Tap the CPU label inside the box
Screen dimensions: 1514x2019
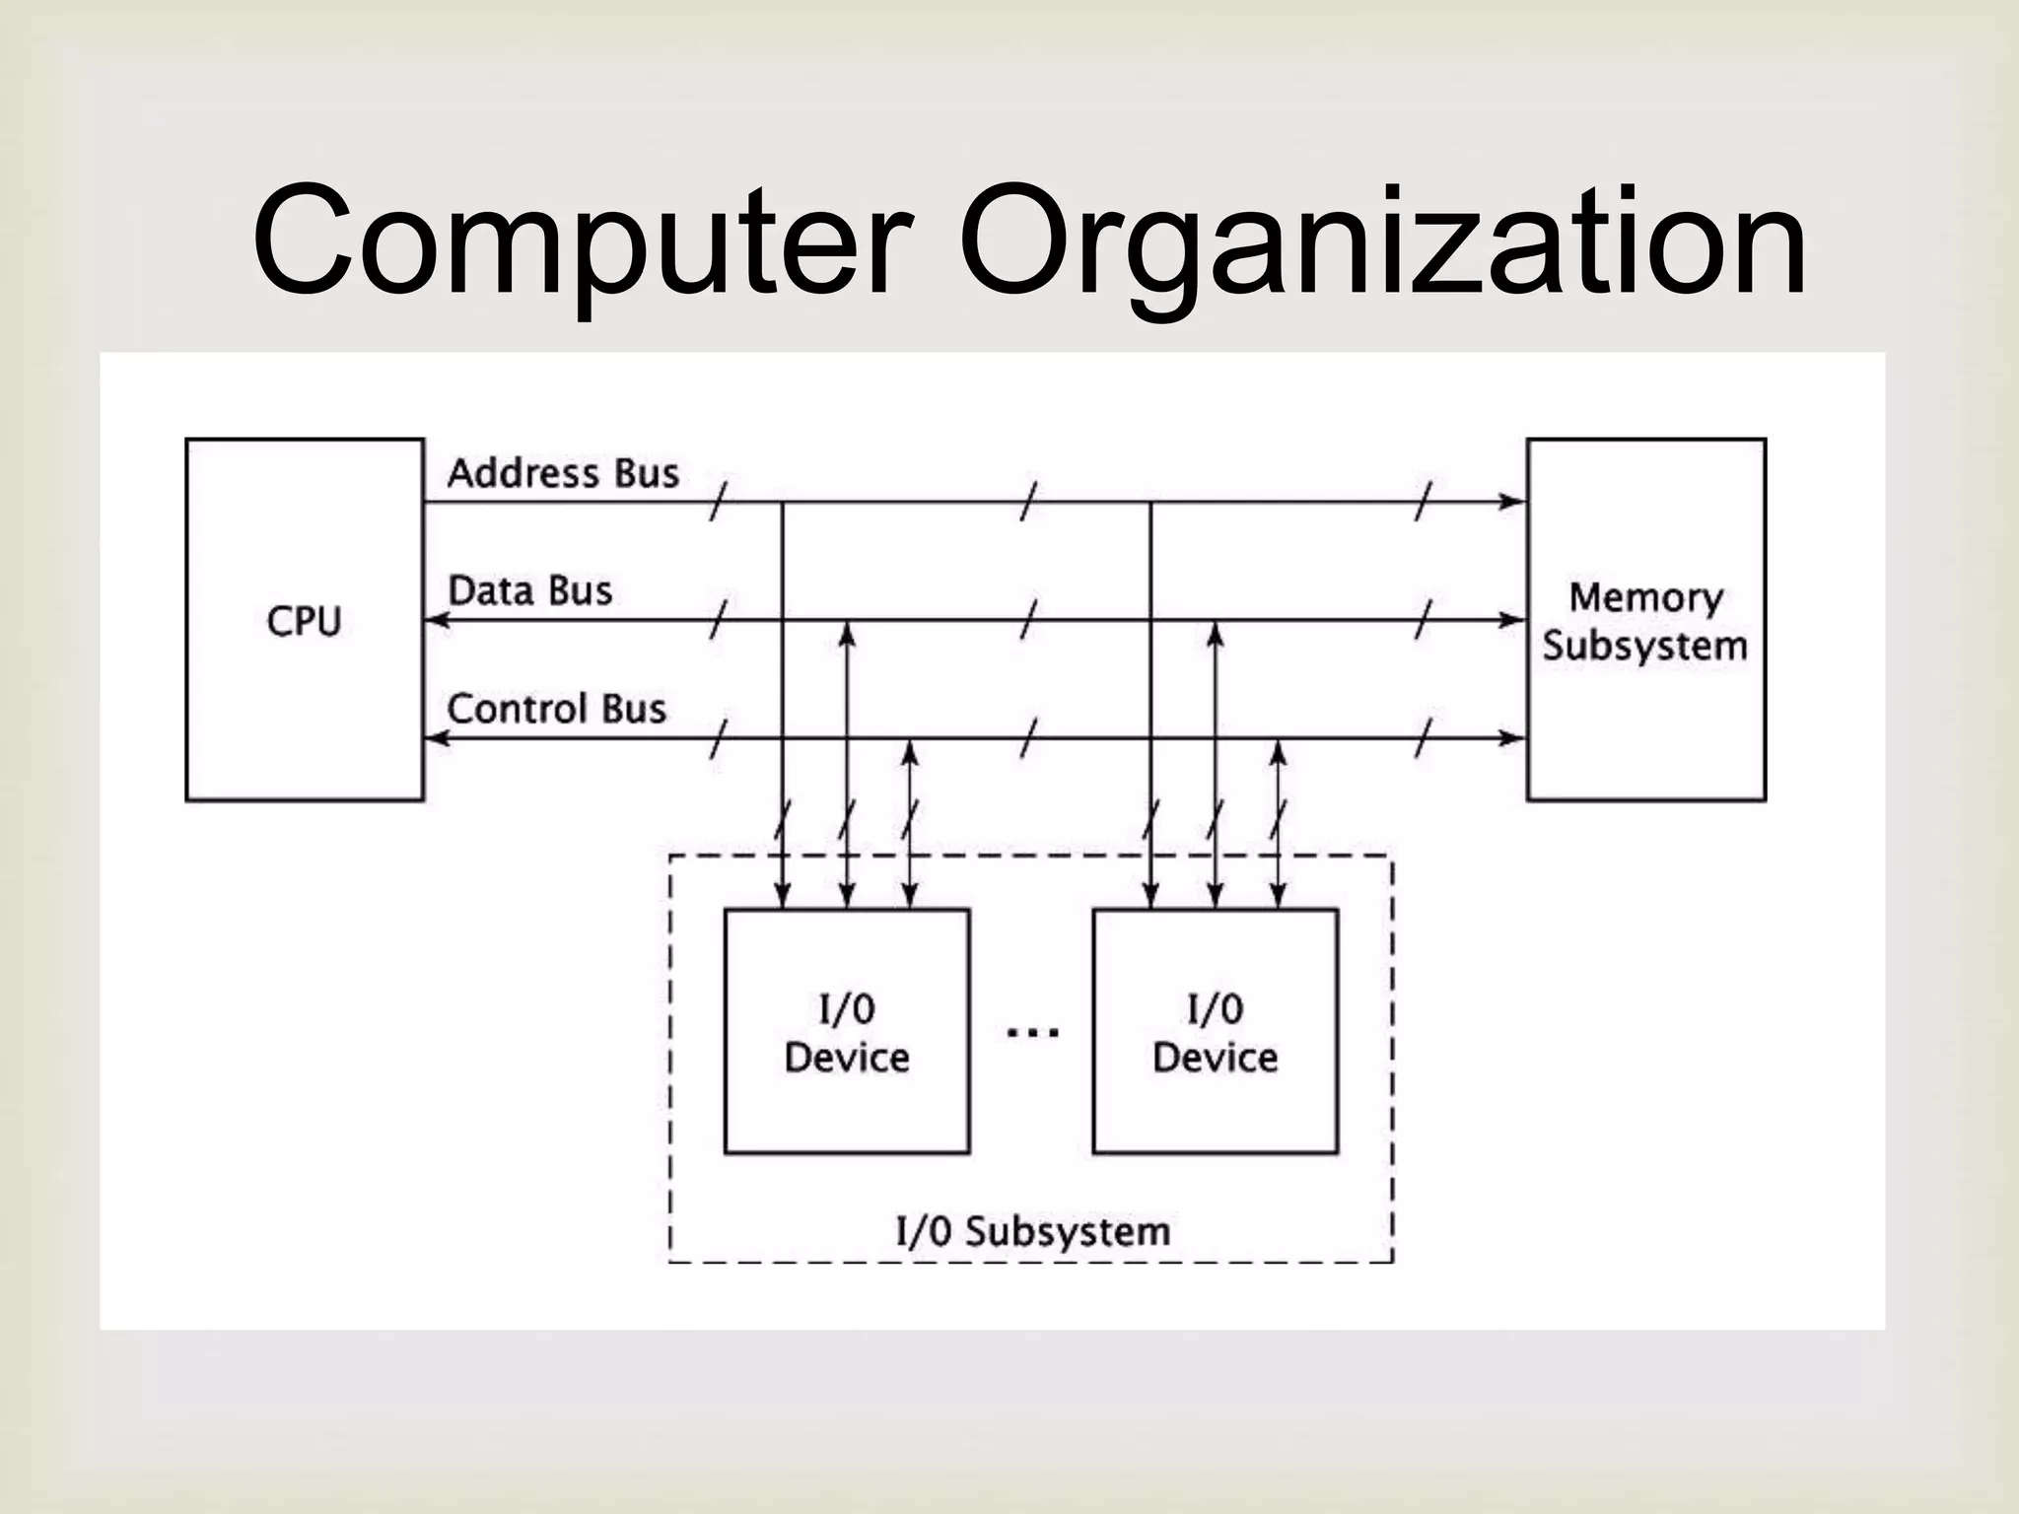point(304,621)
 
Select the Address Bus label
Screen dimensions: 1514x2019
point(563,474)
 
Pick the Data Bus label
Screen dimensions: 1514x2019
point(530,591)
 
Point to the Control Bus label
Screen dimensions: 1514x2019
point(556,709)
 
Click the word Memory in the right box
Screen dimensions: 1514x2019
point(1645,597)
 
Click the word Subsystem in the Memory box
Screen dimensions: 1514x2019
point(1644,647)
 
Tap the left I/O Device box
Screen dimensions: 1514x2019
point(847,1031)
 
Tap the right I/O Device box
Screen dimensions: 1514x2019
point(1215,1031)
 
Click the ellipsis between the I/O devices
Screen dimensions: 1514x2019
point(1031,1033)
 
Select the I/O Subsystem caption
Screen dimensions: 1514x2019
point(1032,1231)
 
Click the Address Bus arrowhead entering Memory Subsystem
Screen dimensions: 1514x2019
point(1512,502)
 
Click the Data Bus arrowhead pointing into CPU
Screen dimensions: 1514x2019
point(437,620)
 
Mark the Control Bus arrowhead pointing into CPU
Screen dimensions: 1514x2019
point(437,737)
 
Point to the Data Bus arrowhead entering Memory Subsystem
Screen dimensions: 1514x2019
point(1512,620)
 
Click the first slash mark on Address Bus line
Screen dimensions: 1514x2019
point(719,502)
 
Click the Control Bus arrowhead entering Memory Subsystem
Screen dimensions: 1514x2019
point(1512,737)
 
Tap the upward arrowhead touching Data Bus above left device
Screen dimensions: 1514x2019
point(846,634)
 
